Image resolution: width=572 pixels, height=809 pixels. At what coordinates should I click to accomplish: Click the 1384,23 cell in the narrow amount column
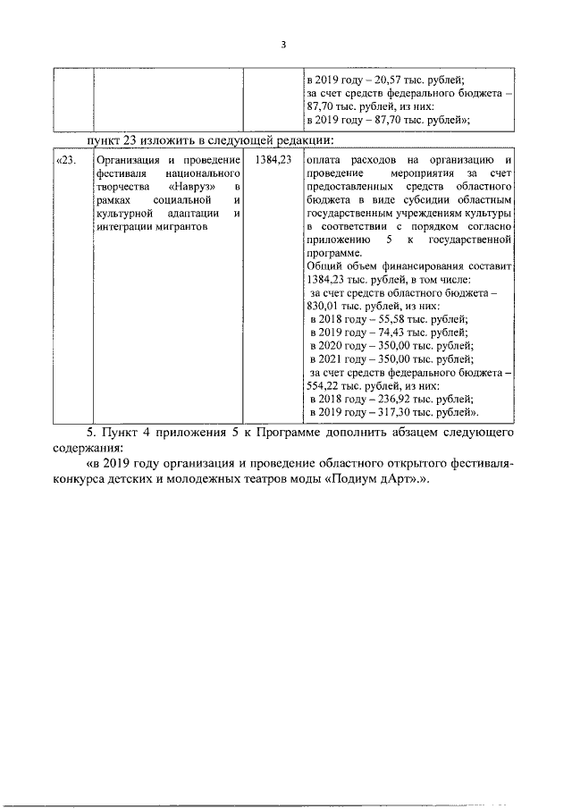[x=272, y=160]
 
